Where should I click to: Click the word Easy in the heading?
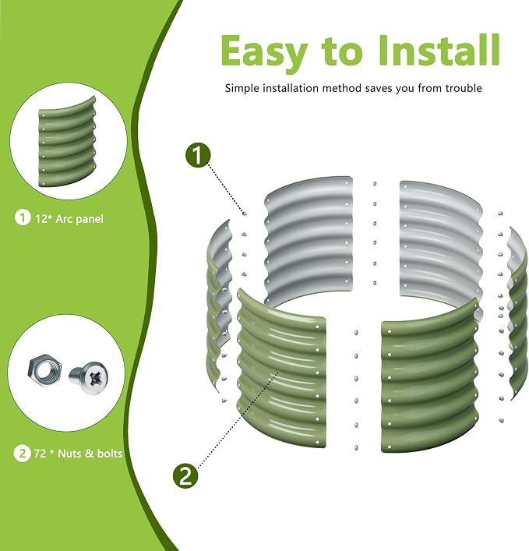pos(264,51)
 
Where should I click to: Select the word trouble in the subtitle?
pos(464,88)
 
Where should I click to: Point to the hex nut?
pos(44,370)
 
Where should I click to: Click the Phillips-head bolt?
pos(90,378)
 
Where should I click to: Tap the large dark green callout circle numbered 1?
pos(198,155)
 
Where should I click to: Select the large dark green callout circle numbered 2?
pos(186,476)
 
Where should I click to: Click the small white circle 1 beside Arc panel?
pos(23,218)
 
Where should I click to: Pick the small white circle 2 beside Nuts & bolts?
pos(22,454)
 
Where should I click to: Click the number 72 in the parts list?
pos(40,454)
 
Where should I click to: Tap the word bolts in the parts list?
pos(110,454)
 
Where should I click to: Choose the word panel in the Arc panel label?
pos(90,219)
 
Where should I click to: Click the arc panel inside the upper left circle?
pos(67,142)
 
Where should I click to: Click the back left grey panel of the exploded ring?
pos(309,239)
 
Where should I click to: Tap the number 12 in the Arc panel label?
pos(42,219)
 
